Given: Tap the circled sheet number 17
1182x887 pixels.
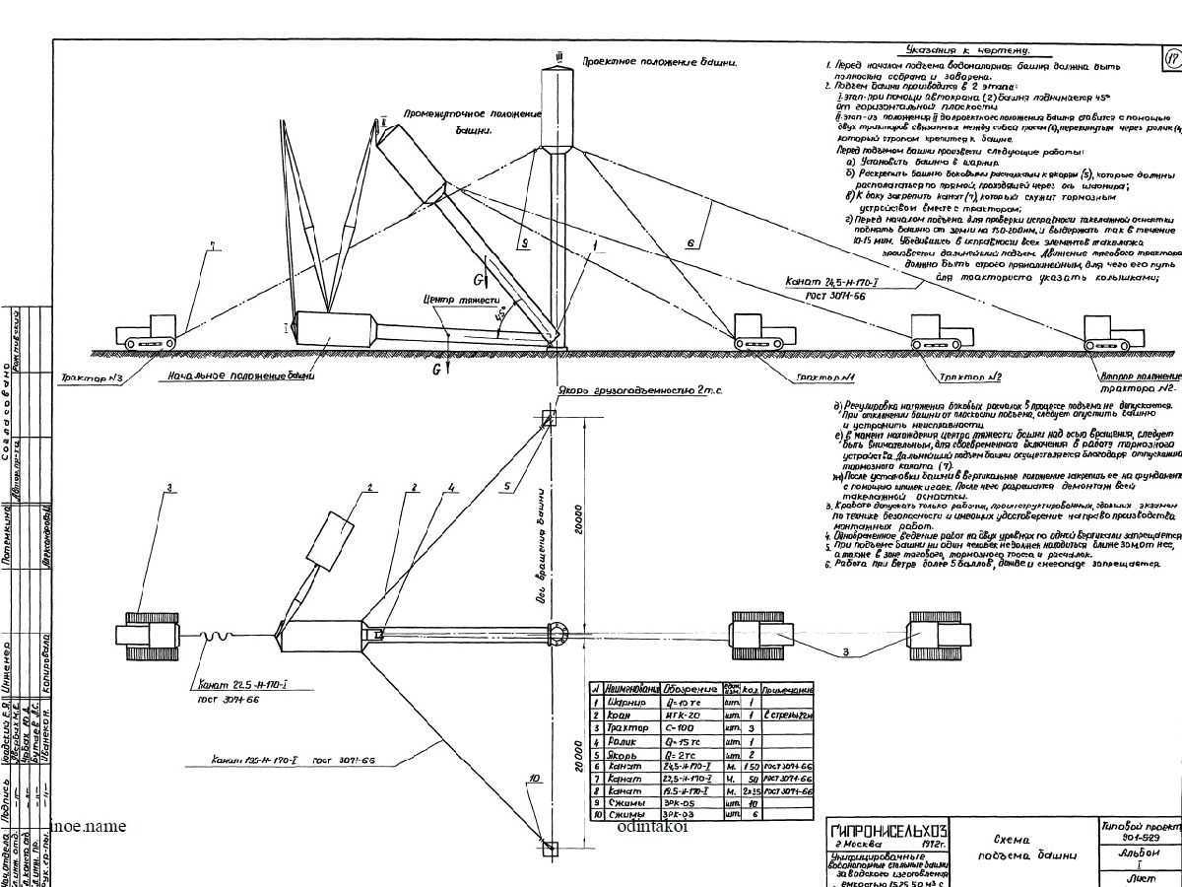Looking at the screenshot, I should click(x=1171, y=59).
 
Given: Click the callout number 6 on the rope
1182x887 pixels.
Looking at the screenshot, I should click(x=691, y=239).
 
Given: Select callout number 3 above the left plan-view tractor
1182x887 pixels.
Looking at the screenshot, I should click(x=169, y=488).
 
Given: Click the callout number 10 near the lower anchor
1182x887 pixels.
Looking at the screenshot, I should click(x=534, y=779).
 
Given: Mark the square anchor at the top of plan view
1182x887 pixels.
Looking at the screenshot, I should click(x=550, y=417).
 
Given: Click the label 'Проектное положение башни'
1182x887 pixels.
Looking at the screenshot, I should click(x=659, y=62).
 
